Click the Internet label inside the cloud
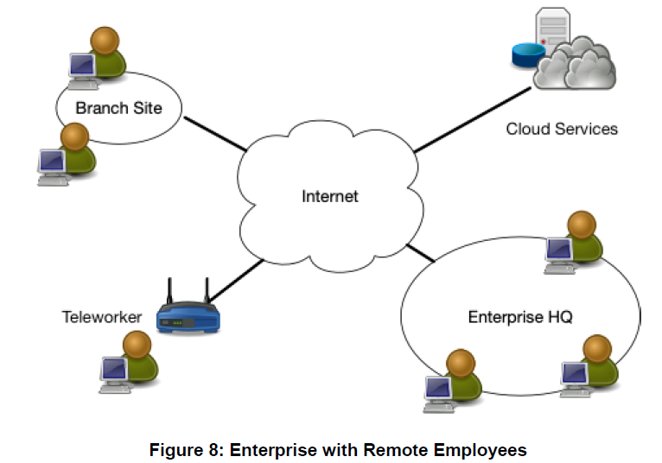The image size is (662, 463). (329, 196)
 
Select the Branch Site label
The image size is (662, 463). (118, 108)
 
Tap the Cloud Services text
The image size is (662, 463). (562, 129)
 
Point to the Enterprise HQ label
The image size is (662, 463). (520, 317)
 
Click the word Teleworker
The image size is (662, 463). (102, 317)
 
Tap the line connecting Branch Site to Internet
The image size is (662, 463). (213, 133)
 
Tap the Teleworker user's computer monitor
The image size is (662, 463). (115, 370)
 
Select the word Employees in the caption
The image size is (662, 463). (486, 449)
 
